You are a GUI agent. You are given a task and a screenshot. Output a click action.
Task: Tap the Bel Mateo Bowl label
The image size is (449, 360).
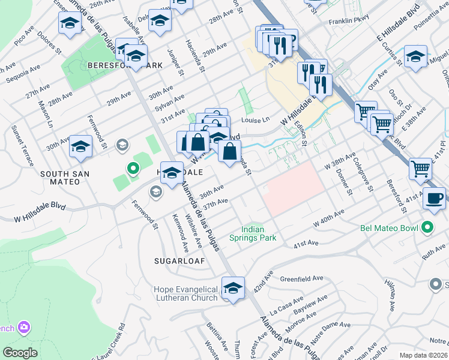(x=391, y=227)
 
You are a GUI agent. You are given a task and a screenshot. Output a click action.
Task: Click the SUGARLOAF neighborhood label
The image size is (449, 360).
(x=179, y=262)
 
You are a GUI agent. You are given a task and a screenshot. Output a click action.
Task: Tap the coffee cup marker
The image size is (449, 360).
(x=434, y=197)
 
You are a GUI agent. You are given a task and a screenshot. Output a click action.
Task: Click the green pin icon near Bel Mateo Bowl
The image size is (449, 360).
(x=427, y=227)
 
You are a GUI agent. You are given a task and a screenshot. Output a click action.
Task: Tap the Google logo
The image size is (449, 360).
(x=20, y=353)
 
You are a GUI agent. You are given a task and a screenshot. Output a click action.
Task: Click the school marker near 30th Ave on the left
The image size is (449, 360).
(x=80, y=147)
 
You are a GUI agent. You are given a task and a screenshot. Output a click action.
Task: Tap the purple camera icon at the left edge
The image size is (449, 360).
(x=24, y=328)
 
